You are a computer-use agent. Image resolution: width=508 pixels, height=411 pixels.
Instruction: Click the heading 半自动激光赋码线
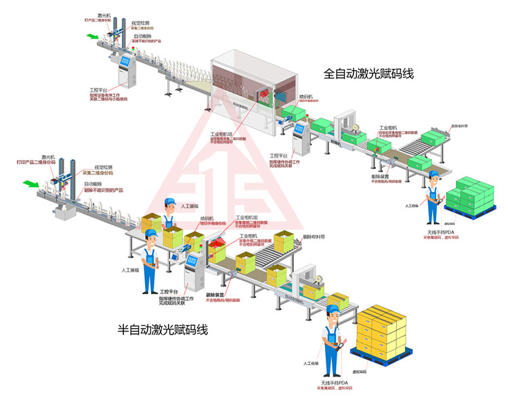pyautogui.click(x=163, y=331)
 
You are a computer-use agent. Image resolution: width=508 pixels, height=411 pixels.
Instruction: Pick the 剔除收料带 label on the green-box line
pyautogui.click(x=460, y=126)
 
